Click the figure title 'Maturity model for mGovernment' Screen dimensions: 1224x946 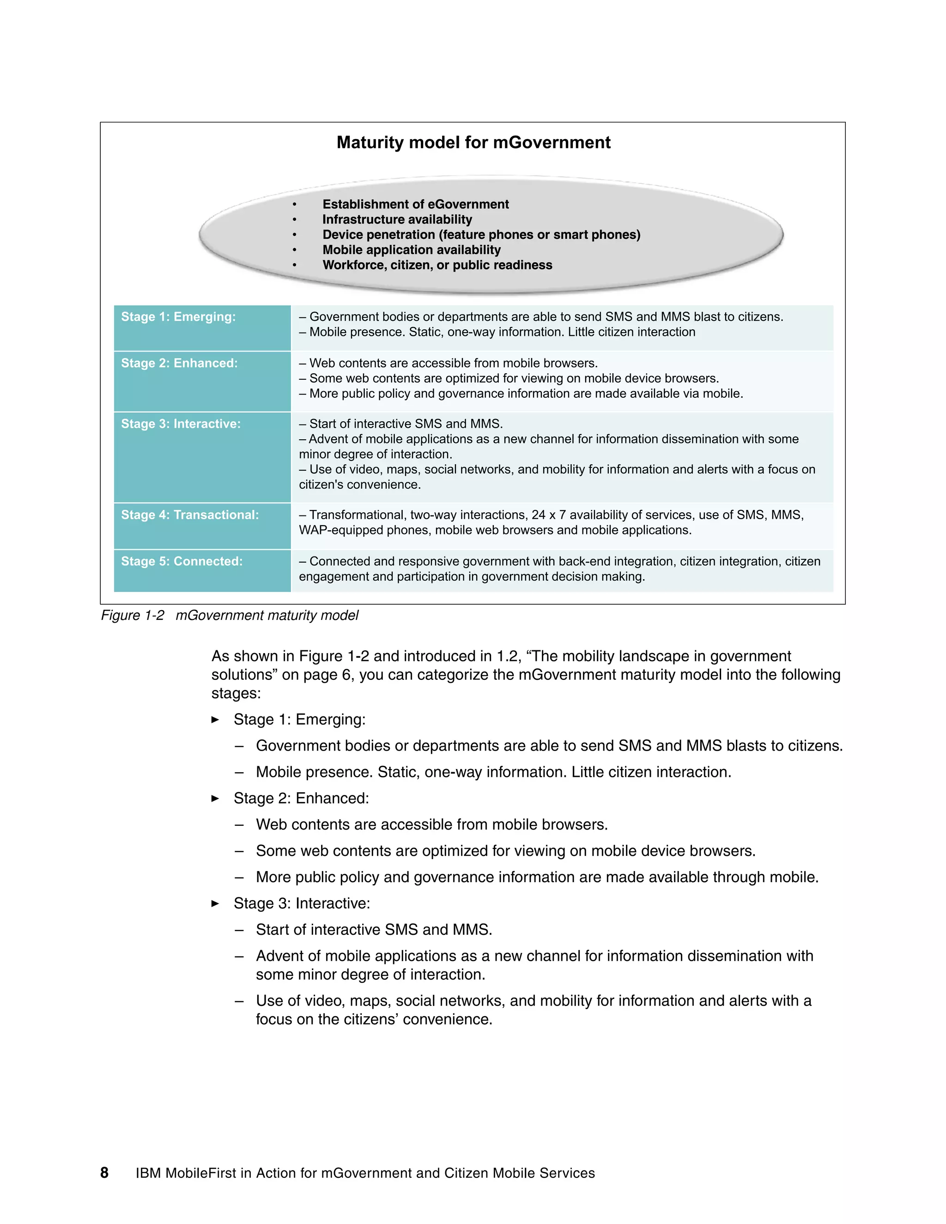[x=473, y=142]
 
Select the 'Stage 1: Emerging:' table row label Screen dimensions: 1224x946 [x=178, y=317]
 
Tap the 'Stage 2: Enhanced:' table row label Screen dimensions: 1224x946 [x=179, y=363]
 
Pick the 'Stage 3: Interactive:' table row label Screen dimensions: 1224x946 [x=181, y=424]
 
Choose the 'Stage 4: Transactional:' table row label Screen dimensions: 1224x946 [x=190, y=515]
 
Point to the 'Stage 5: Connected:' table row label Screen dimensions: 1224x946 [x=182, y=561]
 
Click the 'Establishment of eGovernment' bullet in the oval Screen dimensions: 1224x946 [x=415, y=204]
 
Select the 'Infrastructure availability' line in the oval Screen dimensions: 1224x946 [x=397, y=219]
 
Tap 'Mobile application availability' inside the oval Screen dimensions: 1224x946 [x=412, y=250]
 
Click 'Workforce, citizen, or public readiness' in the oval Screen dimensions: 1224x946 [x=437, y=265]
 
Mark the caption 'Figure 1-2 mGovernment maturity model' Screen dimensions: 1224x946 [x=229, y=615]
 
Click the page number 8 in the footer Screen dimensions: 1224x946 [x=104, y=1173]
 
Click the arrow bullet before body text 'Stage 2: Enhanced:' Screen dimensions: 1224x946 [x=215, y=798]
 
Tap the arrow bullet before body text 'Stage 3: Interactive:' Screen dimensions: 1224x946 [x=215, y=903]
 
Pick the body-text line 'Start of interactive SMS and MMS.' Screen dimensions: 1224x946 [x=374, y=930]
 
